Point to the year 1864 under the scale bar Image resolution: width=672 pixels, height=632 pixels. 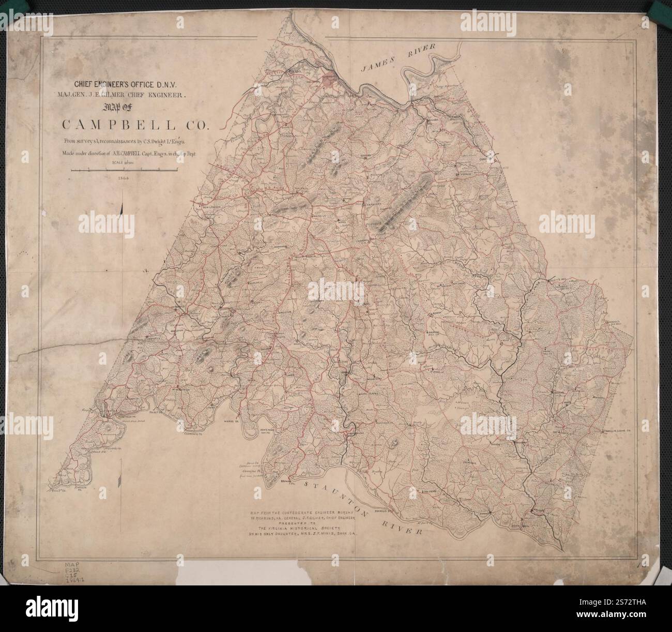[123, 177]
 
